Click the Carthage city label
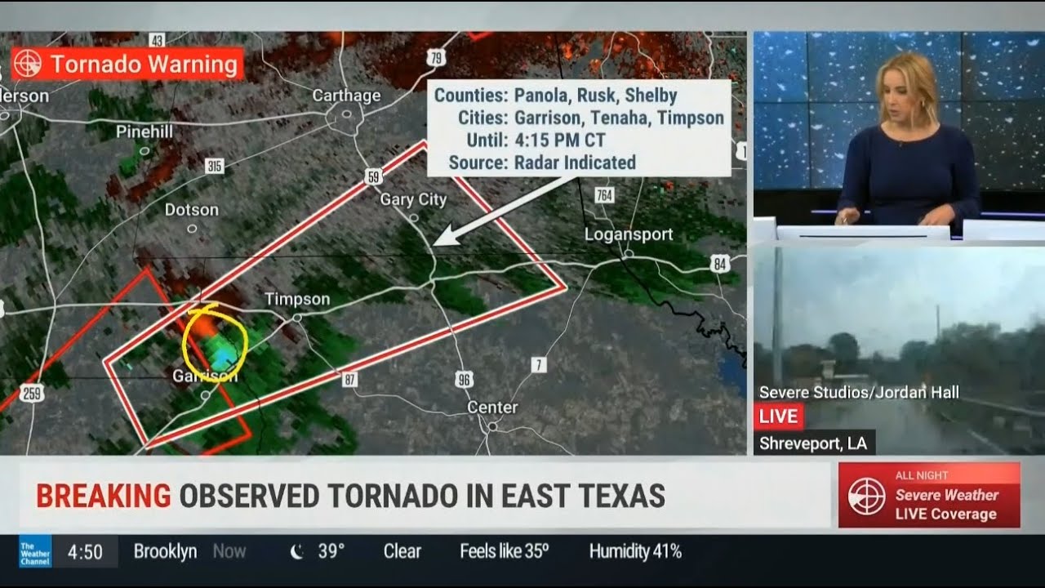tap(346, 96)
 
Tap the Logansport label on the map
tap(629, 234)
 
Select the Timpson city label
tap(297, 300)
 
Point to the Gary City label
tap(413, 200)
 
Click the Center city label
tap(492, 407)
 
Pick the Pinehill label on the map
tap(145, 131)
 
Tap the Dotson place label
tap(192, 210)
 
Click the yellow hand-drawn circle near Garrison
tap(215, 343)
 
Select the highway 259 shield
tap(31, 394)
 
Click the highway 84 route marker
tap(719, 263)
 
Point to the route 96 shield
tap(465, 379)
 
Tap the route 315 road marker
tap(215, 167)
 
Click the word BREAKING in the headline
tap(103, 496)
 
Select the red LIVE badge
tap(778, 416)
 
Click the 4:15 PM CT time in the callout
tap(559, 140)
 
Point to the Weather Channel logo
tap(35, 551)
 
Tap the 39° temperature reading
tap(331, 551)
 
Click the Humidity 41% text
tap(635, 551)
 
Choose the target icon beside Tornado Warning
tap(28, 64)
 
